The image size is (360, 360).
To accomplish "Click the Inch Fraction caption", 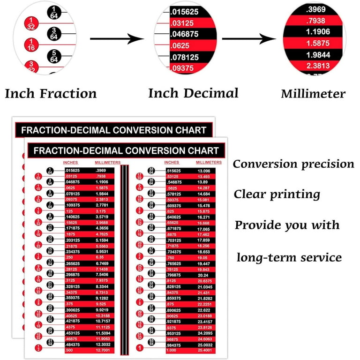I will click(51, 93).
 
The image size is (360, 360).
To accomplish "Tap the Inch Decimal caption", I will click(193, 93).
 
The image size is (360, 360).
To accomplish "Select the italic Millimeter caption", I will click(313, 94).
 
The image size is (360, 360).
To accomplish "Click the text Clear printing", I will click(277, 194).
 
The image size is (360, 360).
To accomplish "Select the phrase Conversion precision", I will click(293, 164).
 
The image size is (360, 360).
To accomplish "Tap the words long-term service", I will click(289, 257).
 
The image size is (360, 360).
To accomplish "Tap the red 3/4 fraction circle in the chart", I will click(139, 256).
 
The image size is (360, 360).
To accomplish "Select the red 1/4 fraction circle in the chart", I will click(38, 256).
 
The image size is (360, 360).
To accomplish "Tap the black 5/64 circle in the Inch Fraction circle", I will click(54, 56).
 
